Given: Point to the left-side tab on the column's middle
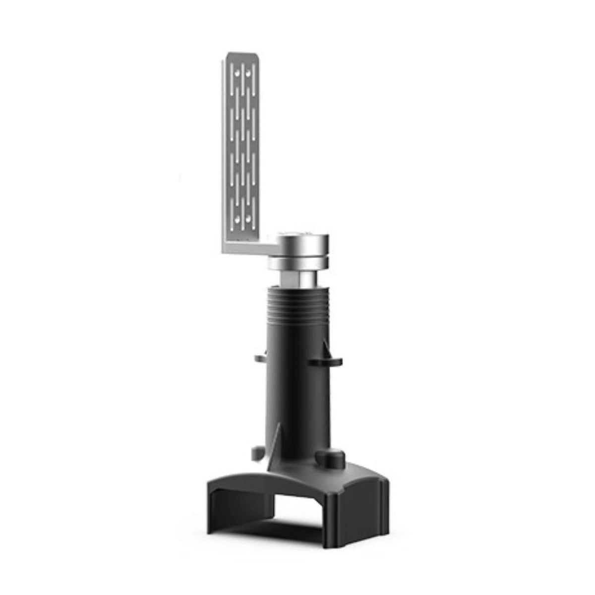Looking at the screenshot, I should [x=260, y=357].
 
